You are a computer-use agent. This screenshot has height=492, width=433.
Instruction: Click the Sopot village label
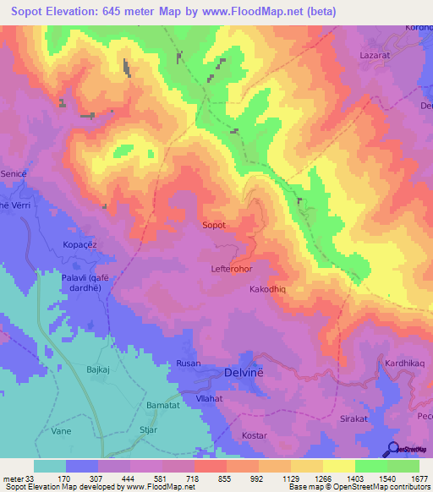(214, 226)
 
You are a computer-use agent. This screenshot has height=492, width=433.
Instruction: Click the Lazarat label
(373, 76)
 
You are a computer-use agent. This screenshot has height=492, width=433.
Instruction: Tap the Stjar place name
(150, 430)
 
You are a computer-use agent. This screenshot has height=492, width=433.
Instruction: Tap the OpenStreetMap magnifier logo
(394, 449)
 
